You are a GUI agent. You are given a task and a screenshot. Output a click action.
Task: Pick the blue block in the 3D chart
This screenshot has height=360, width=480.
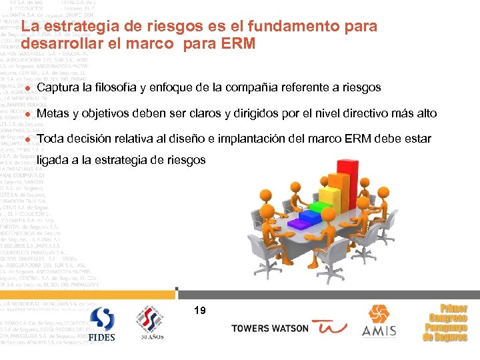[311, 215]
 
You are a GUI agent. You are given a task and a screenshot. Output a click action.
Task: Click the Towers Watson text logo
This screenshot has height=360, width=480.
[270, 328]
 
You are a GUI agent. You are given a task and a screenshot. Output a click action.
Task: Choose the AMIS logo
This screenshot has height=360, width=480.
[379, 321]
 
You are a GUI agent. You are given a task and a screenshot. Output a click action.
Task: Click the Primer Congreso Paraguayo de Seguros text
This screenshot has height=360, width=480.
[445, 323]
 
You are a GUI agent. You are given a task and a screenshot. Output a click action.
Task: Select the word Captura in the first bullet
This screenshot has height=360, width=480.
[57, 88]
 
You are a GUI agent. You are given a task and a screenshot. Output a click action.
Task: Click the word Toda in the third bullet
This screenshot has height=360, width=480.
[51, 140]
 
